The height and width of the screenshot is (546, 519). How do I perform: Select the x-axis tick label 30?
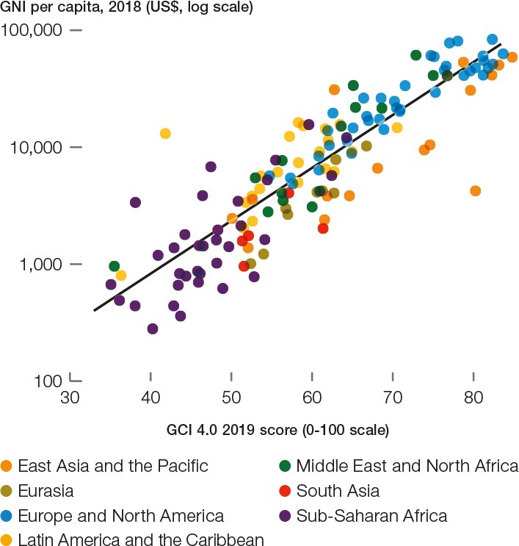[70, 398]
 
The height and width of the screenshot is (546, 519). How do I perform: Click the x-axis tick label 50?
[231, 398]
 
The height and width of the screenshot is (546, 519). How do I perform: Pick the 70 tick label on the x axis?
[393, 398]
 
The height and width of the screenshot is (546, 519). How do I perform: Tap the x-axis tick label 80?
[474, 398]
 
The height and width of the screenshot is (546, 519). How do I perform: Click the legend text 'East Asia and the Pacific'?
[112, 466]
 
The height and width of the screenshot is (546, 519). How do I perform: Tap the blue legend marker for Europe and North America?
[7, 516]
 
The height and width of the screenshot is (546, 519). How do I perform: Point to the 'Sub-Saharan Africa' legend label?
[371, 516]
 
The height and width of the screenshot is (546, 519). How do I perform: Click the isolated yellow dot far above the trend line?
[165, 134]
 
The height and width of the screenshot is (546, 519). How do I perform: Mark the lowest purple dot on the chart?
[153, 328]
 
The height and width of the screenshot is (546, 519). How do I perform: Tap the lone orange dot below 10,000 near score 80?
[475, 191]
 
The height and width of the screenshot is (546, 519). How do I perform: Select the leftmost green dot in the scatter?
[115, 266]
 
